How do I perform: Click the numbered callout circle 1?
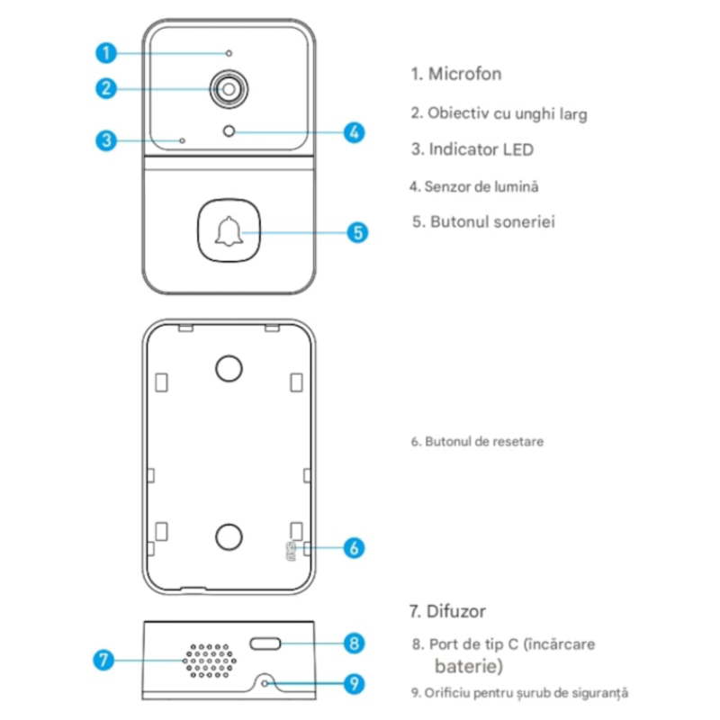point(106,53)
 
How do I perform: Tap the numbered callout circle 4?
point(354,132)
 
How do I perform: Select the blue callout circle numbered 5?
point(357,232)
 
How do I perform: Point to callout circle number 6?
point(354,546)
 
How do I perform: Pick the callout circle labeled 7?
point(104,660)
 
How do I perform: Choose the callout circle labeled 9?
point(355,683)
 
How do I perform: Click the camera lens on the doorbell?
point(229,89)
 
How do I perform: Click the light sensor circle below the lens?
point(229,131)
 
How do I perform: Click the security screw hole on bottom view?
point(265,683)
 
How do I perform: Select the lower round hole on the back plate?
point(229,536)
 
